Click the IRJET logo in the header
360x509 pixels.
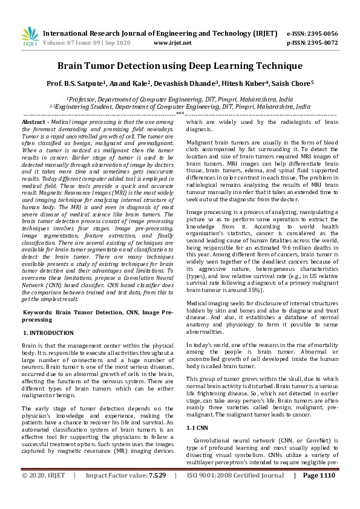tap(30, 37)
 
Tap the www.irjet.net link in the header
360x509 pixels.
tap(172, 43)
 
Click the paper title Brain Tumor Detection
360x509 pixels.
tap(180, 65)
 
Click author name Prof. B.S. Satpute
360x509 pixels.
tap(79, 83)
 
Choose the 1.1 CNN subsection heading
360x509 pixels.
tap(199, 427)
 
